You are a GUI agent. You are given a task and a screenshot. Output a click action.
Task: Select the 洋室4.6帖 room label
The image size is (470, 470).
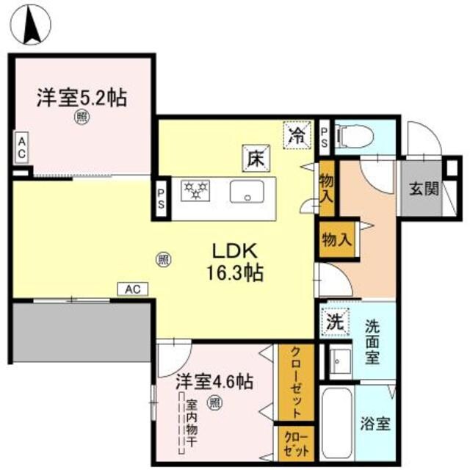click(x=214, y=382)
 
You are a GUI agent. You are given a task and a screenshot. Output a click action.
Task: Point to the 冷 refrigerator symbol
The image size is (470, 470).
click(x=297, y=134)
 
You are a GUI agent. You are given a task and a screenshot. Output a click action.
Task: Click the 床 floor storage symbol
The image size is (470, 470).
click(x=255, y=156)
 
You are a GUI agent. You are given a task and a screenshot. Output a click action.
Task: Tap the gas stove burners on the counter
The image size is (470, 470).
click(x=196, y=190)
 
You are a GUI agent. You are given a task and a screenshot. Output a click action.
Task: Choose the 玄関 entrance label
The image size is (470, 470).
click(x=424, y=189)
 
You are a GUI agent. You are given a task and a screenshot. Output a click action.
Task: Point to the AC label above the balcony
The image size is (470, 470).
click(x=132, y=289)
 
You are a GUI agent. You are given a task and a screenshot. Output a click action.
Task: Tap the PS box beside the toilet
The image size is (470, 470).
click(x=325, y=137)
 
